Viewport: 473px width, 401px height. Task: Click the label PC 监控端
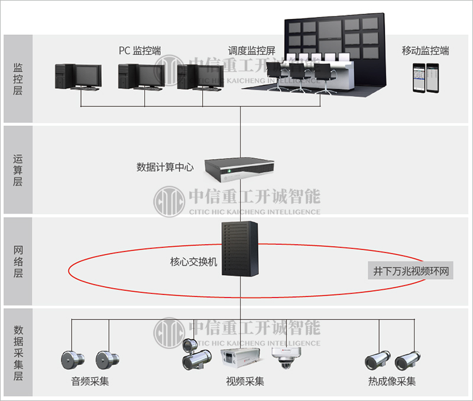coord(140,50)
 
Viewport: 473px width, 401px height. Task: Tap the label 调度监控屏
coord(252,50)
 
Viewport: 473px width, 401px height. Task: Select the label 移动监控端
coord(425,50)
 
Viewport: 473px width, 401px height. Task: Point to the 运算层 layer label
coord(18,170)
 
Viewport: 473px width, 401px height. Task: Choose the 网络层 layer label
coord(18,261)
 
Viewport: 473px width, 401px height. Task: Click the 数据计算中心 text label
coord(165,167)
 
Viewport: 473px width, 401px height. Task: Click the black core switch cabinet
coord(241,249)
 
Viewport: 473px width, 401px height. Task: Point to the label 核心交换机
coord(193,261)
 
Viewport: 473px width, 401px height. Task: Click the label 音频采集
coord(90,381)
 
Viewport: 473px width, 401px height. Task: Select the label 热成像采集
coord(391,381)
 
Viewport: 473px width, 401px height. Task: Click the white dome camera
coord(286,357)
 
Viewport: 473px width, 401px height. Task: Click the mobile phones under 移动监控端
coord(426,77)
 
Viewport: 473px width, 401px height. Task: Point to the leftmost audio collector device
coord(72,358)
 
